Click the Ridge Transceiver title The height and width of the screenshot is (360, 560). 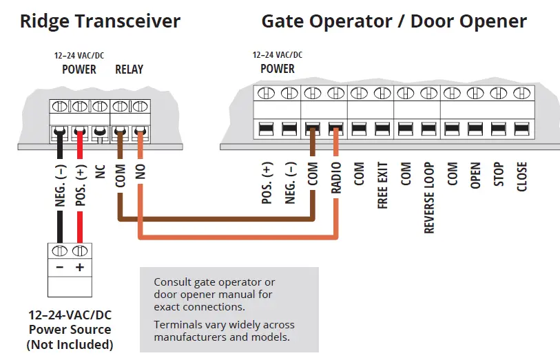click(100, 21)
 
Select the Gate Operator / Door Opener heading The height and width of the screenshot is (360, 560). click(393, 21)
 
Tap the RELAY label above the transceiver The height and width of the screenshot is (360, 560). click(129, 69)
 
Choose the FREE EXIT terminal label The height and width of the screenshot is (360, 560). click(382, 185)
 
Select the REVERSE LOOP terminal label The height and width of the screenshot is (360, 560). click(429, 198)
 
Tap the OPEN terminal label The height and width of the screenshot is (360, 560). click(475, 176)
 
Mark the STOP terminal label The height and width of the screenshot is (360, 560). click(499, 175)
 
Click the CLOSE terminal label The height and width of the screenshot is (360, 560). click(521, 177)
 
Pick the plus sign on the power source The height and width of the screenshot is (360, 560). click(80, 268)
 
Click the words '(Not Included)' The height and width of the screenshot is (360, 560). click(70, 344)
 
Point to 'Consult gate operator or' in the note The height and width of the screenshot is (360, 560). click(214, 282)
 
